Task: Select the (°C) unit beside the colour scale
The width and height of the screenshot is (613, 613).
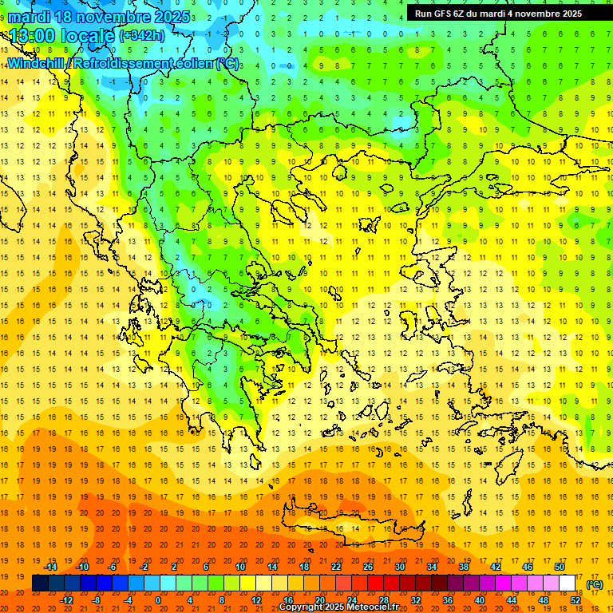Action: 595,584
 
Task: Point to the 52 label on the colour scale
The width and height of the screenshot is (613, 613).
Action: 575,600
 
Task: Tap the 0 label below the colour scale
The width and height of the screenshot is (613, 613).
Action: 158,600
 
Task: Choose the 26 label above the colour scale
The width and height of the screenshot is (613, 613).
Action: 368,567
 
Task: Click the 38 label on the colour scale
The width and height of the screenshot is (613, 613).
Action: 464,567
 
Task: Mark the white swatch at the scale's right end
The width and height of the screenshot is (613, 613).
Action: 568,583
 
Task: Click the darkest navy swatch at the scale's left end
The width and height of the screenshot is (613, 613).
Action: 41,583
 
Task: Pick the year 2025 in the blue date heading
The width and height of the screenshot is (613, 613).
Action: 172,17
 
